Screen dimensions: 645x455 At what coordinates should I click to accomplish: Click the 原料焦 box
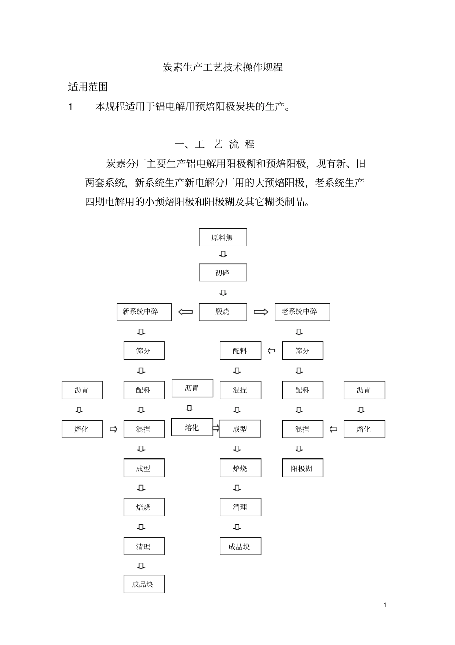[223, 237]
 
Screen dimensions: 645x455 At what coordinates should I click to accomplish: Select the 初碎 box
[223, 272]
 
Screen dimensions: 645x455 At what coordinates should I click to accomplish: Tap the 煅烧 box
[223, 312]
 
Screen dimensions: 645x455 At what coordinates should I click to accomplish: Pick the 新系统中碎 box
[144, 312]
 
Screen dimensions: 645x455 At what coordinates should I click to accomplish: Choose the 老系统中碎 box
[302, 312]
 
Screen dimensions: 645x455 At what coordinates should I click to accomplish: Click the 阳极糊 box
[302, 469]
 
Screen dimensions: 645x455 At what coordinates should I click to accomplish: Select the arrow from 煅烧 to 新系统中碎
[185, 312]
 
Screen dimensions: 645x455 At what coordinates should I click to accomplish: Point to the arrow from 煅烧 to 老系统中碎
[261, 312]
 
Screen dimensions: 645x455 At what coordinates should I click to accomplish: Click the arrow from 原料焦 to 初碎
[223, 254]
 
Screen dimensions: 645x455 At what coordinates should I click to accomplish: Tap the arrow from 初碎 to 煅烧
[223, 293]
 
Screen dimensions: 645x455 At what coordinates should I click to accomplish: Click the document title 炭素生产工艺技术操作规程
[223, 68]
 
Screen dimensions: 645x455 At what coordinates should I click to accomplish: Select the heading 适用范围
[88, 87]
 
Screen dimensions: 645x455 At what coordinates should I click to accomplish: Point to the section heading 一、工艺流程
[215, 144]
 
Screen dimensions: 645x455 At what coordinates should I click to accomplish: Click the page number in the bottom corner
[385, 605]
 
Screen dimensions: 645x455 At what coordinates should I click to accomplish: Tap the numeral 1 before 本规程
[71, 107]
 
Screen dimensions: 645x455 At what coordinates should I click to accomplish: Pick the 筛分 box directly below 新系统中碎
[144, 351]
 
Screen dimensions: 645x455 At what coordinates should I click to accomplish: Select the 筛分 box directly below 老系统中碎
[302, 351]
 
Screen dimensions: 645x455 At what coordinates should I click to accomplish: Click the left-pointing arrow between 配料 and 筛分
[272, 351]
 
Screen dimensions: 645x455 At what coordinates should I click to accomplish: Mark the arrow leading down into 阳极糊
[299, 449]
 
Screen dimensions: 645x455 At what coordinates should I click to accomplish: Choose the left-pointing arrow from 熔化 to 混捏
[333, 429]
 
